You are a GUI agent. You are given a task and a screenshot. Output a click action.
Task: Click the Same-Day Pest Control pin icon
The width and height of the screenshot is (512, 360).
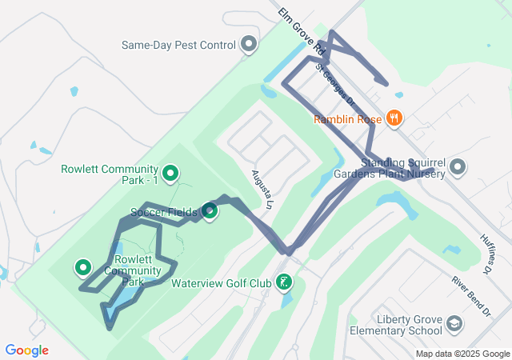click(250, 45)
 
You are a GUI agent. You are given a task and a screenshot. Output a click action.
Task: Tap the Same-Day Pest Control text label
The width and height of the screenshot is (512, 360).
click(178, 45)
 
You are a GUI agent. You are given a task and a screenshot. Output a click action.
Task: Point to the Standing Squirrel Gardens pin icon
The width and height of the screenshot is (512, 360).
click(458, 167)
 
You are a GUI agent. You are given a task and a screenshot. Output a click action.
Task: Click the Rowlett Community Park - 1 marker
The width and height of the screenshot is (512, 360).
click(170, 172)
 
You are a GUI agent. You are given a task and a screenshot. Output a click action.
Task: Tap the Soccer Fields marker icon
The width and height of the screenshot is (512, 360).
click(210, 211)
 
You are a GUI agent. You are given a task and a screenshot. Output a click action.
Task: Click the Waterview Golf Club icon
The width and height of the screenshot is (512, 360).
click(283, 282)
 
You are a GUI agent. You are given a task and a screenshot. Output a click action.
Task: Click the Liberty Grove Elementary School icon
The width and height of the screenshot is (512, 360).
click(454, 324)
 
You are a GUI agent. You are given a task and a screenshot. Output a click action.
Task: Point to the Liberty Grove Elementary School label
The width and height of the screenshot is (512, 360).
click(410, 325)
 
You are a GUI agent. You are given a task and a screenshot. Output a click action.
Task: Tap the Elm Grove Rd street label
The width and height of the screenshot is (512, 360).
click(294, 32)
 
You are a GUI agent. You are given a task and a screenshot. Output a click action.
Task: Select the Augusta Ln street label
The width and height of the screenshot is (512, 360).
click(262, 189)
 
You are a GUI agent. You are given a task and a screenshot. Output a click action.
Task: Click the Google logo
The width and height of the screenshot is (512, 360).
click(27, 350)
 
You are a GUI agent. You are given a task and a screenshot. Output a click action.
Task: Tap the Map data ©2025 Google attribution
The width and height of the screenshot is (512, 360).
click(462, 354)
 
